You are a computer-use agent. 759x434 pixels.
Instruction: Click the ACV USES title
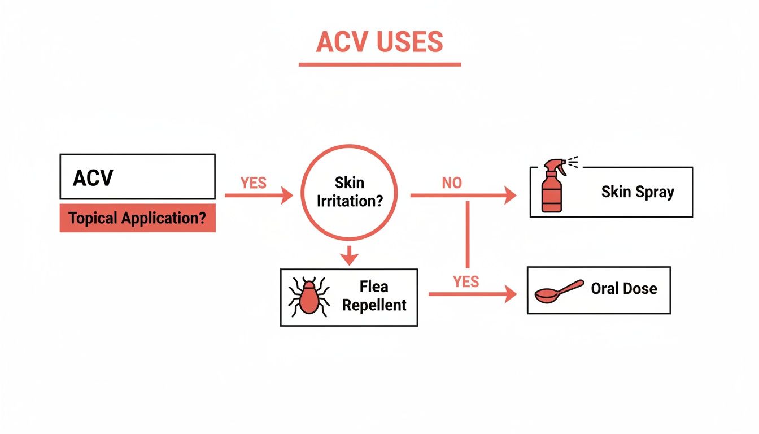pyautogui.click(x=380, y=42)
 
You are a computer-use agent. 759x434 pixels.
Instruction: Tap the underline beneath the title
pyautogui.click(x=380, y=64)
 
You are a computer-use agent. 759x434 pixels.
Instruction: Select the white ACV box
pyautogui.click(x=137, y=176)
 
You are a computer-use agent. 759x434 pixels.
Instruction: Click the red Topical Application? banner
pyautogui.click(x=137, y=218)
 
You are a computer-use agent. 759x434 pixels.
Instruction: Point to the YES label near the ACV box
pyautogui.click(x=253, y=183)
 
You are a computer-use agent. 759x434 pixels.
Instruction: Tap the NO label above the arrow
pyautogui.click(x=452, y=183)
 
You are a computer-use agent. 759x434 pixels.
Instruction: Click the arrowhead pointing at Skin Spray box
pyautogui.click(x=510, y=196)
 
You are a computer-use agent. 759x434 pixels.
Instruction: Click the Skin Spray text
pyautogui.click(x=638, y=192)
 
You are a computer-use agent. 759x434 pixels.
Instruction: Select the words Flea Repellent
pyautogui.click(x=374, y=297)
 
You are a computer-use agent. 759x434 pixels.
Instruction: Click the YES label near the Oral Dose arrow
pyautogui.click(x=466, y=281)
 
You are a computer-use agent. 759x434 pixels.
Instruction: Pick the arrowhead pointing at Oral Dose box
pyautogui.click(x=511, y=294)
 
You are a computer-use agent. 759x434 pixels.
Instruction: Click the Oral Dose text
pyautogui.click(x=624, y=289)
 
